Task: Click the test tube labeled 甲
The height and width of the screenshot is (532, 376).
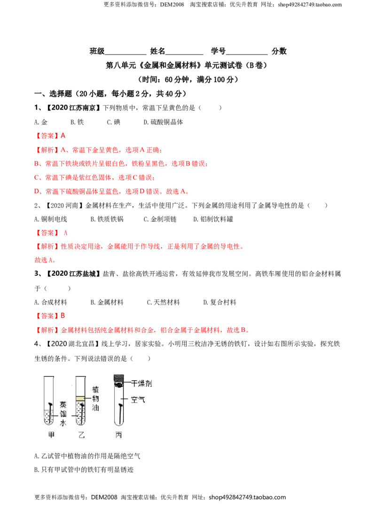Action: coord(49,400)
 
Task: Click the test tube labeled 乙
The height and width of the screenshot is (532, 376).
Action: coord(80,400)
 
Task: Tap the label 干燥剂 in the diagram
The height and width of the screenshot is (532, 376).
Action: coord(141,383)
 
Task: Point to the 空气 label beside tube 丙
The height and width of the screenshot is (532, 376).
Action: coord(138,399)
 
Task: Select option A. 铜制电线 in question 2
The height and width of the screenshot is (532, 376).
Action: coord(51,219)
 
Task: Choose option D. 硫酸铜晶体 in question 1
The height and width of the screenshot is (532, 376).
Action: coord(163,122)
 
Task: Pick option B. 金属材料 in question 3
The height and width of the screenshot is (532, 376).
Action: coord(107,302)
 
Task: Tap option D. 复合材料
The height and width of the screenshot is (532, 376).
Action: coord(219,302)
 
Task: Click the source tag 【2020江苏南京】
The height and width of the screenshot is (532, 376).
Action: coord(73,108)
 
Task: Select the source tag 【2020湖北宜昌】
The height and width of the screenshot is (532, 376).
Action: coord(72,344)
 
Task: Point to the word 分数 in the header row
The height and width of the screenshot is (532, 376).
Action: coord(279,51)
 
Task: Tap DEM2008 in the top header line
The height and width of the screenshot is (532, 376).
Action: coord(172,5)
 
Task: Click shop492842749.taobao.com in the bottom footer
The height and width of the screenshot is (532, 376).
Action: coord(247,497)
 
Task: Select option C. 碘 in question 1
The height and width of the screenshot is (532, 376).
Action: coord(113,122)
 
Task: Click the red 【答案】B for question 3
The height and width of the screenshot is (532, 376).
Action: coord(50,316)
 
